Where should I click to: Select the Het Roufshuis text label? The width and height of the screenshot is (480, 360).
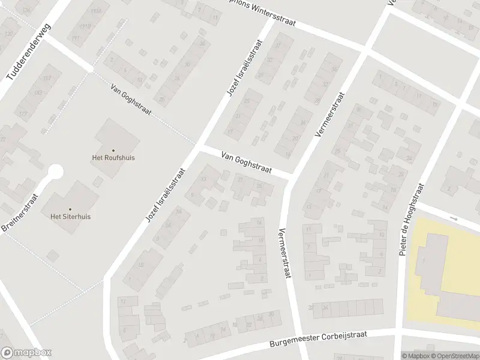[x=113, y=158]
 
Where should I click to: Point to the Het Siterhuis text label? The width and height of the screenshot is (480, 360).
[x=70, y=217]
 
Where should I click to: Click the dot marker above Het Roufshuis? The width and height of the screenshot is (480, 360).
[x=113, y=151]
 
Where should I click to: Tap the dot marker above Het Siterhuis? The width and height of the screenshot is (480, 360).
[x=70, y=209]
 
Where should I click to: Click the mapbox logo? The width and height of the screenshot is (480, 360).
[x=26, y=352]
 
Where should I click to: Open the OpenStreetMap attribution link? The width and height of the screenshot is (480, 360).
[x=457, y=356]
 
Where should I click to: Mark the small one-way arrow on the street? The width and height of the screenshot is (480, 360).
[x=454, y=219]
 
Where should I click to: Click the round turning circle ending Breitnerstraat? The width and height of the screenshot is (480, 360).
[x=55, y=172]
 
